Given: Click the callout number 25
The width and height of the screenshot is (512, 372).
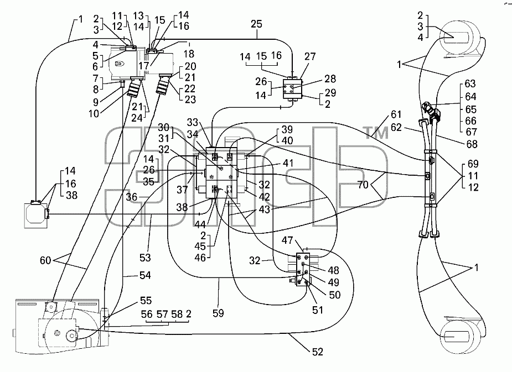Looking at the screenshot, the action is coord(257,24).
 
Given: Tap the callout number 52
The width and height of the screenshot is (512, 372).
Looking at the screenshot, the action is coord(317,352).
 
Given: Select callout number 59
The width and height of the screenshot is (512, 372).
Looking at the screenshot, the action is coord(218,313).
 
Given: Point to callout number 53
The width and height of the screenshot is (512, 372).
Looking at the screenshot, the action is coord(145,258).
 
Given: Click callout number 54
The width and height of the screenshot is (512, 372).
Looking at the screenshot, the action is coord(145,275).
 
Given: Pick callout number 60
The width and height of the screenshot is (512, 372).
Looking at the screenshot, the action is coord(46,260).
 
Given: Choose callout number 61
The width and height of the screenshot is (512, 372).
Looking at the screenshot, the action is coord(396,114).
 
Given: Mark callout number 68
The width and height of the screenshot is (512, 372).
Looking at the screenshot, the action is coord(472,144).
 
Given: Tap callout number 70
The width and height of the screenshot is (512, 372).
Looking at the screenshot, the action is coord(363,185).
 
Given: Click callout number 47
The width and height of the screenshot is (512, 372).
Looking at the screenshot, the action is coord(287,240).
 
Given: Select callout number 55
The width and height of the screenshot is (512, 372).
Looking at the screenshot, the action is coord(146,300).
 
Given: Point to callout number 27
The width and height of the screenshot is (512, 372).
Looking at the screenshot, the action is coord(310,56).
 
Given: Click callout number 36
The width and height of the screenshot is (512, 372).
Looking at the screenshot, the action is coord(132,197).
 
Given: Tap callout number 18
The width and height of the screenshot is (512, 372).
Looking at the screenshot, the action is coord(189,54).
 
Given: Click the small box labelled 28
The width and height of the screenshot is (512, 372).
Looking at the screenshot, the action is coord(292,88).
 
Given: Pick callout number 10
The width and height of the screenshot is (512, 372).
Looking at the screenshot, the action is coord(94,114).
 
